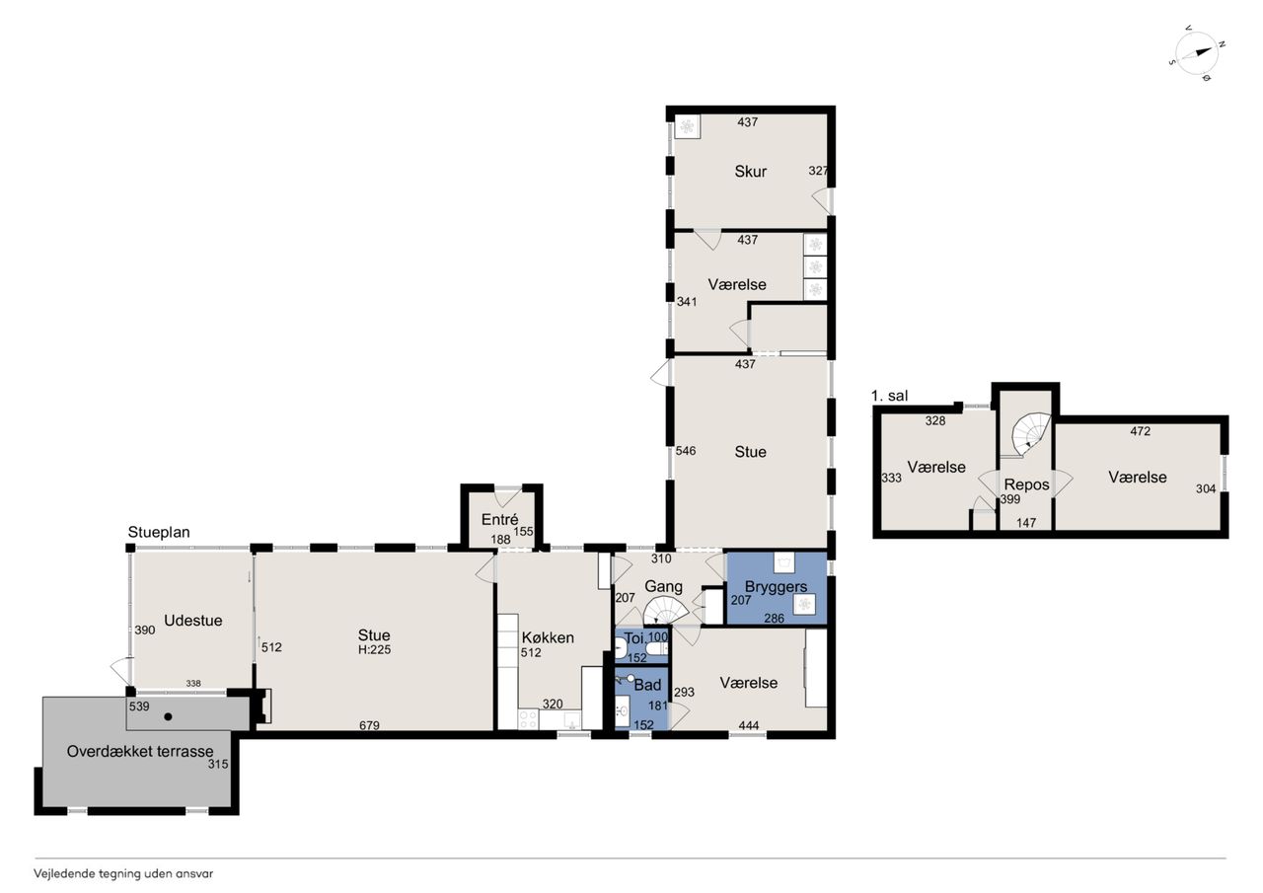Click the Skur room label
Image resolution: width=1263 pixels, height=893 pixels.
click(x=750, y=172)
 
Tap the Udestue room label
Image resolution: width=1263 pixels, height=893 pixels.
click(x=192, y=620)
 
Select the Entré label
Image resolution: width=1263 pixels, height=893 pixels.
click(x=499, y=519)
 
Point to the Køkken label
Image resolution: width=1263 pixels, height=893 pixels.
click(x=548, y=637)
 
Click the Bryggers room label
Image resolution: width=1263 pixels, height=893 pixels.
click(x=776, y=587)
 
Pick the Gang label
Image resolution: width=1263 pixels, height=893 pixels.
click(x=663, y=587)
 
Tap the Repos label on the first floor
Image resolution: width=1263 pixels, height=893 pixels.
click(x=1026, y=484)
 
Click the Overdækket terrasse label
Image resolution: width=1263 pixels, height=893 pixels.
click(x=140, y=752)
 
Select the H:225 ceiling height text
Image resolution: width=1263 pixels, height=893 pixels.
click(x=374, y=649)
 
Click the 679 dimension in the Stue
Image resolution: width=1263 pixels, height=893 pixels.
click(x=369, y=725)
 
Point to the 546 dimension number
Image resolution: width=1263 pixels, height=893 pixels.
click(x=686, y=450)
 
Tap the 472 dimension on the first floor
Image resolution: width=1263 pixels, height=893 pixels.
click(x=1140, y=431)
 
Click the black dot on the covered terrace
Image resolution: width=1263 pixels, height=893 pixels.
click(x=168, y=717)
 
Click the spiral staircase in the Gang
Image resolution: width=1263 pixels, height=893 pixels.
click(x=666, y=611)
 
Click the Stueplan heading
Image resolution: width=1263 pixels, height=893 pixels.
click(x=159, y=532)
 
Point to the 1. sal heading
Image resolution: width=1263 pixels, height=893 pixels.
click(x=889, y=396)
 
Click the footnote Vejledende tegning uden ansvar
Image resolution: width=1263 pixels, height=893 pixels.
click(x=123, y=874)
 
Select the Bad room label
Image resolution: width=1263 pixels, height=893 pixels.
click(x=647, y=685)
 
